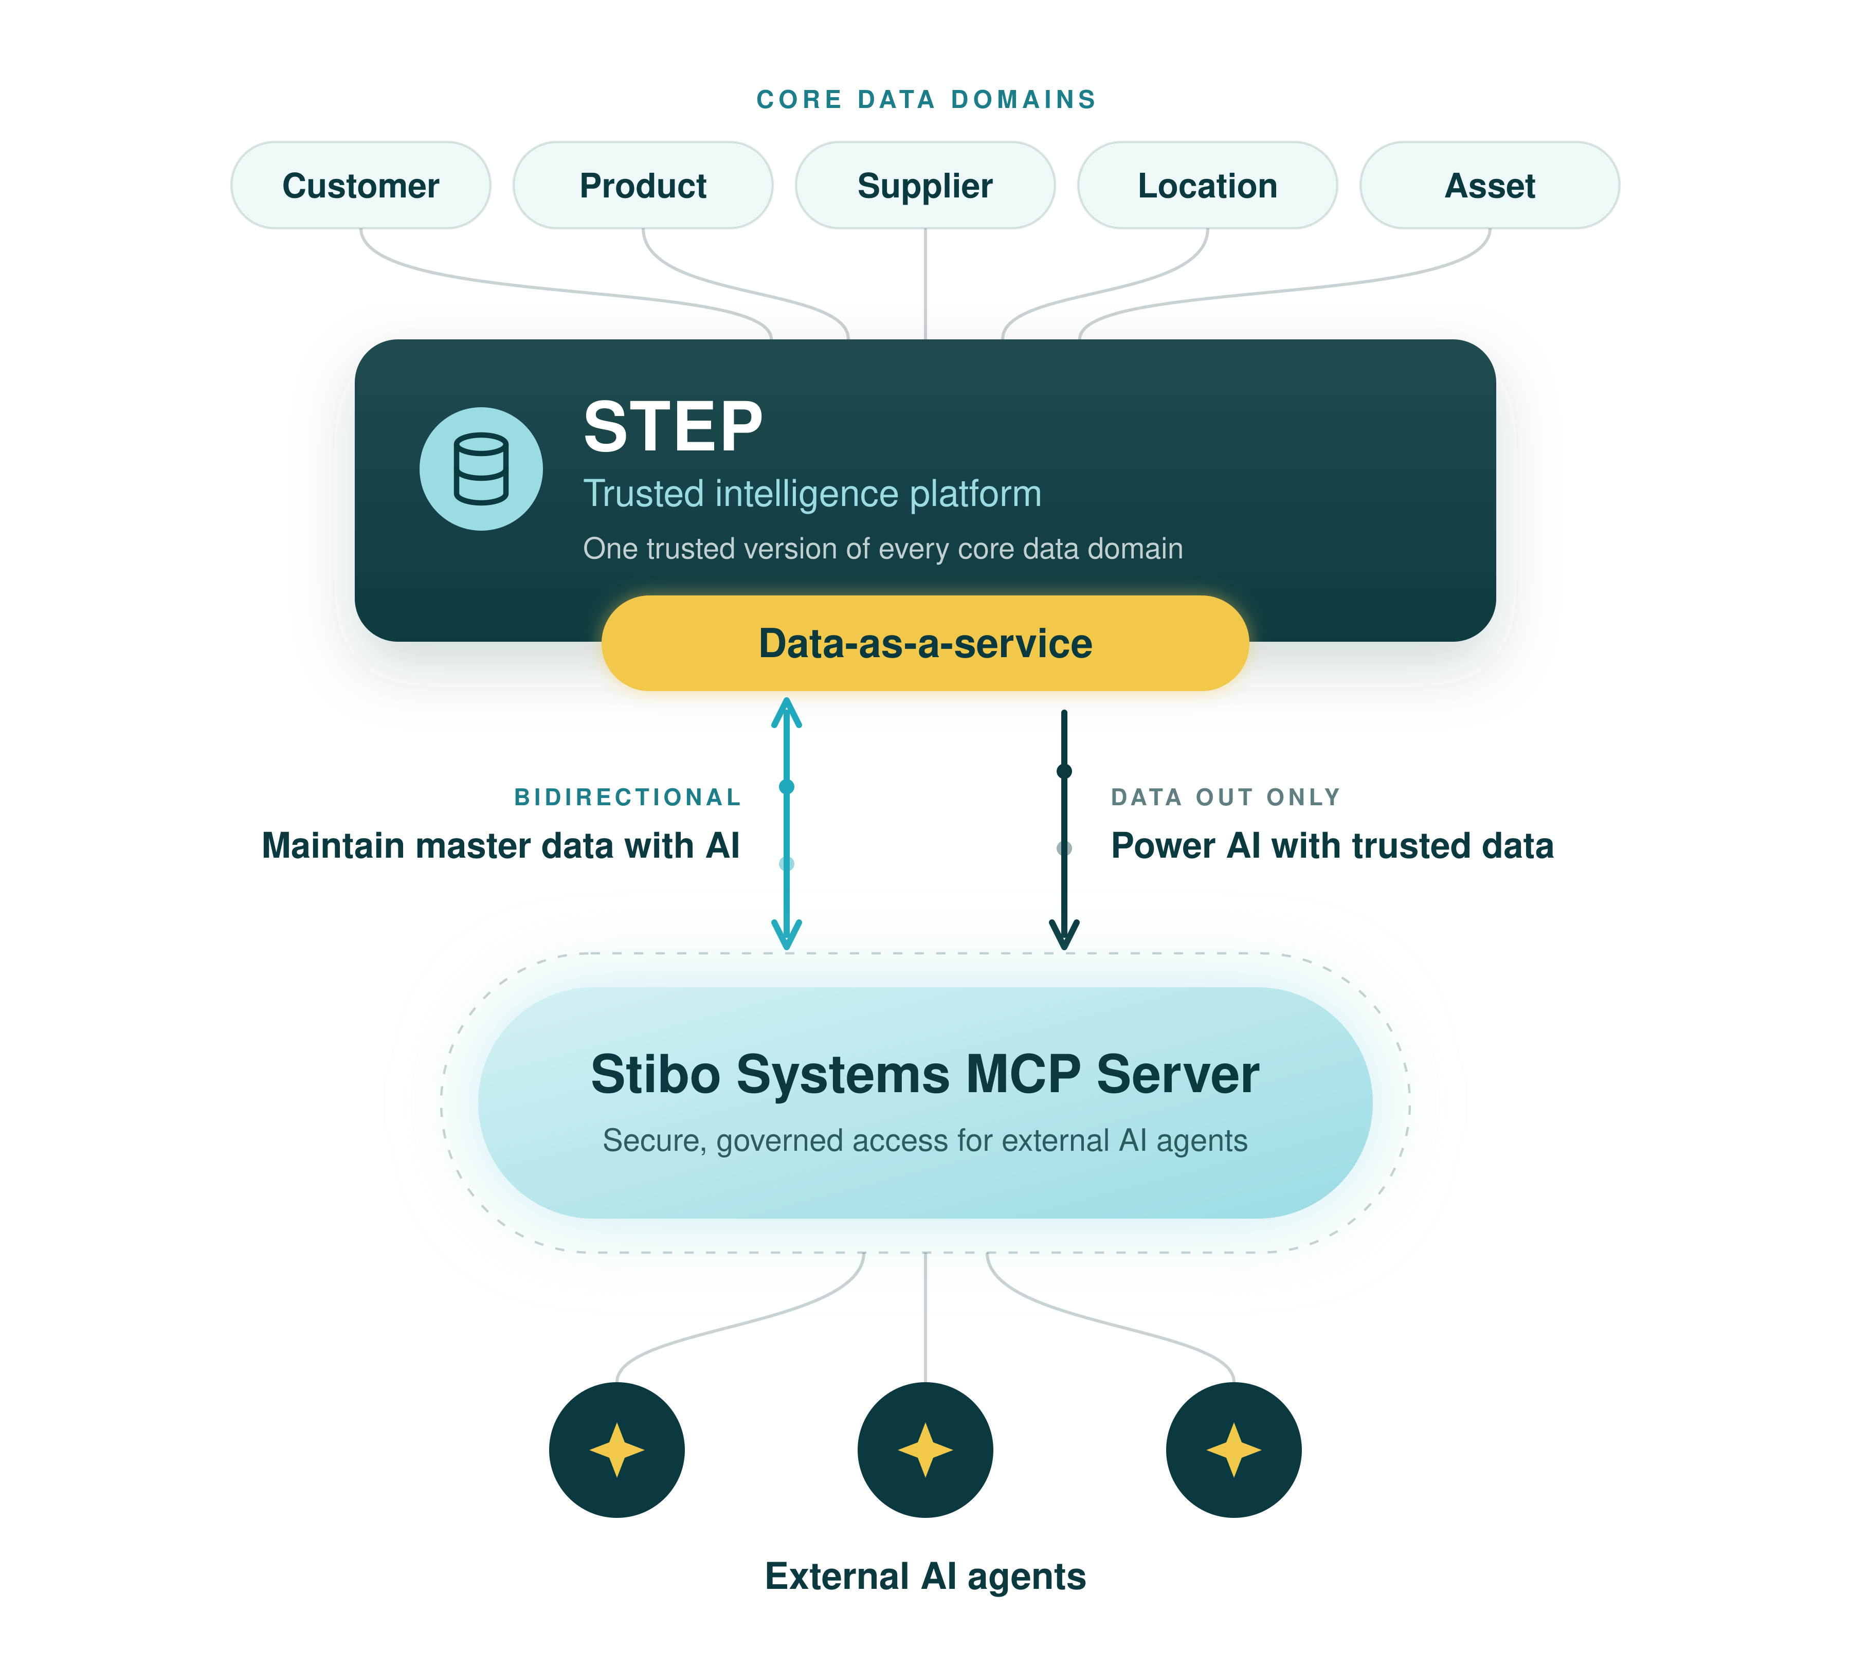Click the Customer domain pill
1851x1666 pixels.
coord(360,185)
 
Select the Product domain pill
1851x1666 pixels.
coord(643,185)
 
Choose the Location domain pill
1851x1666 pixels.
coord(1207,185)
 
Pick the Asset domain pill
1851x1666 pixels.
coord(1490,185)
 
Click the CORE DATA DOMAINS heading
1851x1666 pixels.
coord(925,99)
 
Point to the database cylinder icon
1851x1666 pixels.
coord(481,468)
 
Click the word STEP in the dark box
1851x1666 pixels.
coord(673,427)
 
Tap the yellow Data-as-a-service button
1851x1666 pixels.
coord(925,643)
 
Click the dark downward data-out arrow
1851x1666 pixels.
coord(1064,829)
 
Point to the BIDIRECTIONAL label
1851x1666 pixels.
coord(627,798)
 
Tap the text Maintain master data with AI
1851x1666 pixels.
coord(501,846)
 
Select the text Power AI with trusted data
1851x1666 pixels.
coord(1332,846)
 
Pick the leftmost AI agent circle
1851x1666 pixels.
coord(617,1450)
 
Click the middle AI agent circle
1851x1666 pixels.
coord(925,1450)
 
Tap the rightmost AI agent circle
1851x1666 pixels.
coord(1234,1450)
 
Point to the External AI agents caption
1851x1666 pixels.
coord(925,1577)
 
